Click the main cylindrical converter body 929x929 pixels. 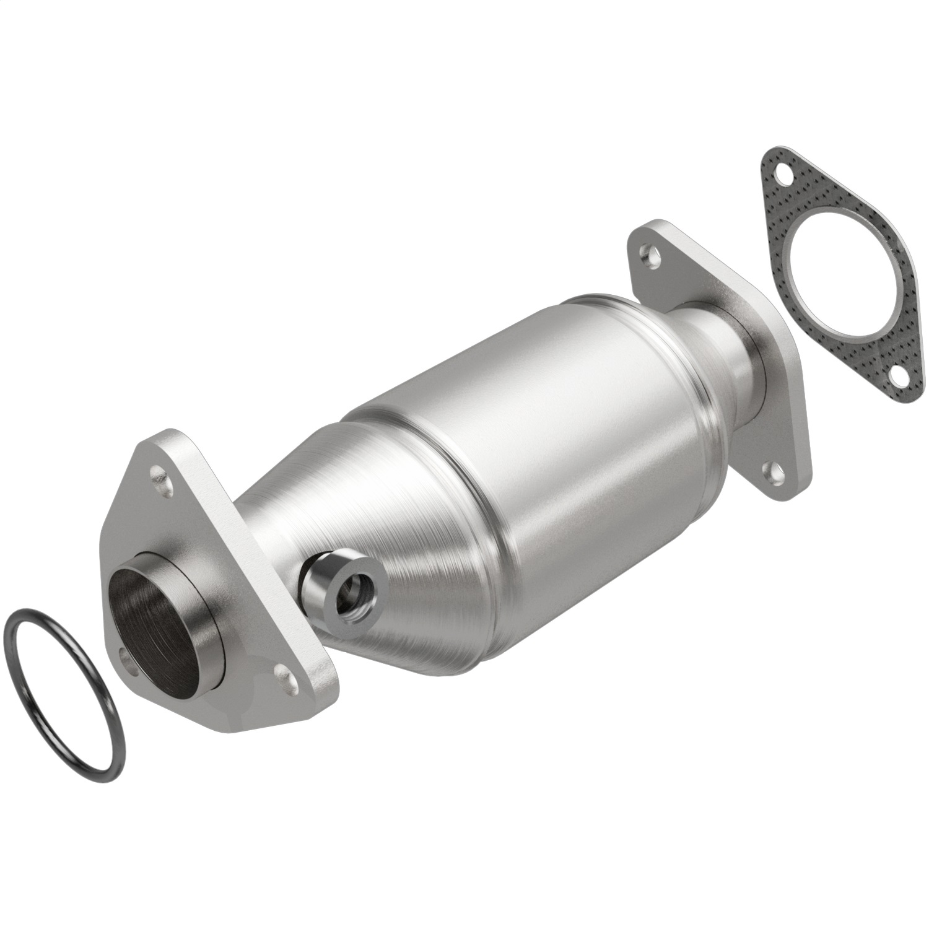pos(526,427)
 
